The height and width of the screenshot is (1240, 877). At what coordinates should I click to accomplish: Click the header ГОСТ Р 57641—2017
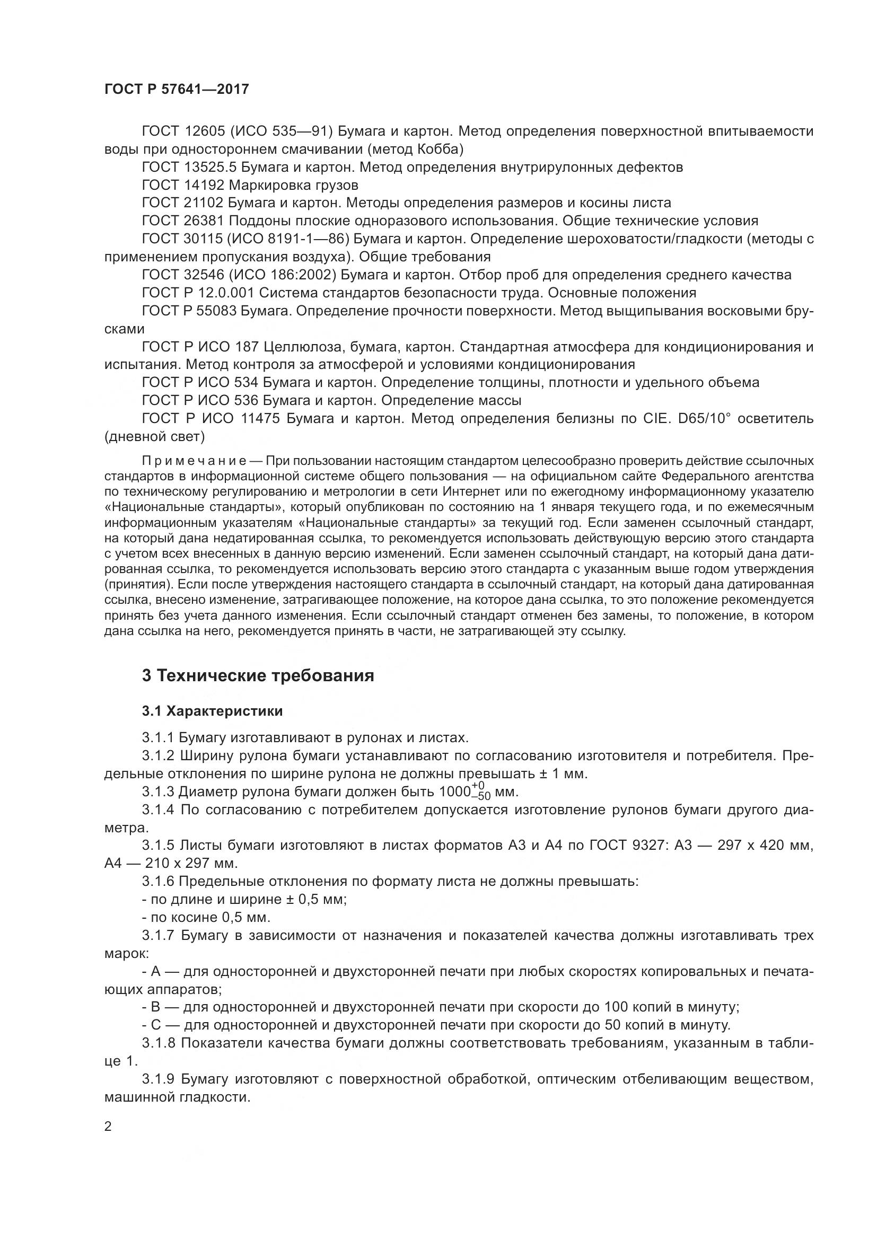[177, 89]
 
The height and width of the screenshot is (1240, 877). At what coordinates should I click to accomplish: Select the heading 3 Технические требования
[258, 675]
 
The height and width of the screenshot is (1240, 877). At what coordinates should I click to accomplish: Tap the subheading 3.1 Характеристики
[212, 711]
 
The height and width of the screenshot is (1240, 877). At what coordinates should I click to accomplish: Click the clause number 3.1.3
[157, 792]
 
